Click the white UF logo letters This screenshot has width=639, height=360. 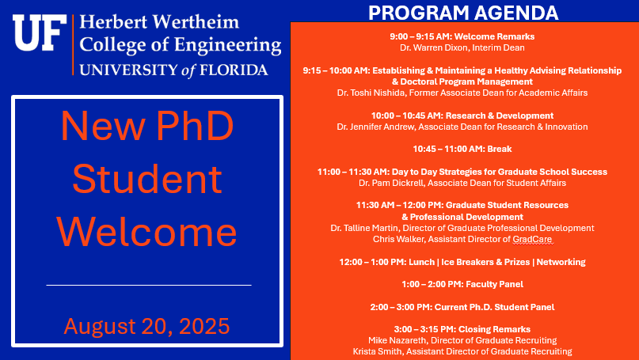[x=40, y=33]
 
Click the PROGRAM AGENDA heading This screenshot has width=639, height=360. [x=463, y=13]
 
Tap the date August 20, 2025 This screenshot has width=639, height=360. [x=146, y=326]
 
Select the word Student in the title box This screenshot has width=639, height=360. [x=147, y=178]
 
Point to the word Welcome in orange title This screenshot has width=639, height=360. [x=146, y=232]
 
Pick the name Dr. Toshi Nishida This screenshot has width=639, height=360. [x=371, y=93]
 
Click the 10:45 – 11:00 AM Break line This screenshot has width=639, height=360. [x=462, y=149]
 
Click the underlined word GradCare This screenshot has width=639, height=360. [x=532, y=240]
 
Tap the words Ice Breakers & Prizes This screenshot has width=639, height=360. [x=485, y=262]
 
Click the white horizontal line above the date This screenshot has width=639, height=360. [x=149, y=285]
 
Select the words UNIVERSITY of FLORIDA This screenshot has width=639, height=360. [x=173, y=70]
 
